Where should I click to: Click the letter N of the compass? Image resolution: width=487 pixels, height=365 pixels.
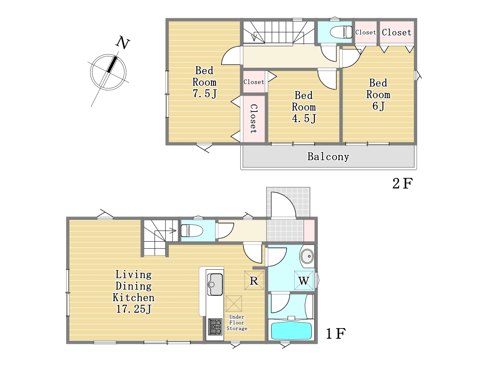[123, 42]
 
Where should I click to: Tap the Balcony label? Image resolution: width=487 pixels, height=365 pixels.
[328, 157]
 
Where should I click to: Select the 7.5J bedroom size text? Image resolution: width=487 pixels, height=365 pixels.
[205, 94]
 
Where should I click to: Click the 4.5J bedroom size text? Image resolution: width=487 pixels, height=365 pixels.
[304, 118]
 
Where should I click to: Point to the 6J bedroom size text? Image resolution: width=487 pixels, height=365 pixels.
[378, 106]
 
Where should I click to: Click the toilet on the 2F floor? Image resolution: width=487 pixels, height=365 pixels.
[341, 32]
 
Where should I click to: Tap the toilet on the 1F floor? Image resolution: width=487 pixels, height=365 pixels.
[192, 231]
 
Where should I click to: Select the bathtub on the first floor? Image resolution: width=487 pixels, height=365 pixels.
[291, 331]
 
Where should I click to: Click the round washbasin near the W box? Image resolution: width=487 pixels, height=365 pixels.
[307, 256]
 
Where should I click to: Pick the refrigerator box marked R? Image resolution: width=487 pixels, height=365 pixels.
[254, 280]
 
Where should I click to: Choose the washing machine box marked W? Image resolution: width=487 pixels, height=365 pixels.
[304, 280]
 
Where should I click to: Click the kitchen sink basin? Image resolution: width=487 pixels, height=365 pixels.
[215, 284]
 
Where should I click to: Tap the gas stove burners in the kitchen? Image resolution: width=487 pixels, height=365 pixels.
[215, 326]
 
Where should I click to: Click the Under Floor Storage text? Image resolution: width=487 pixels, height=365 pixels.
[237, 323]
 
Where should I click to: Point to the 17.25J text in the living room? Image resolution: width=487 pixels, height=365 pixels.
[134, 309]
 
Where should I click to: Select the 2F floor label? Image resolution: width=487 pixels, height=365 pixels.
[403, 183]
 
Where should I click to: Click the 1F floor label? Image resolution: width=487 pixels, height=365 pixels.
[336, 334]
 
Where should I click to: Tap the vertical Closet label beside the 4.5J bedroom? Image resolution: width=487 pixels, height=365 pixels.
[254, 119]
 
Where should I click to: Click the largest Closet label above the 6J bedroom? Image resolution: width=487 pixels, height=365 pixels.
[396, 32]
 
